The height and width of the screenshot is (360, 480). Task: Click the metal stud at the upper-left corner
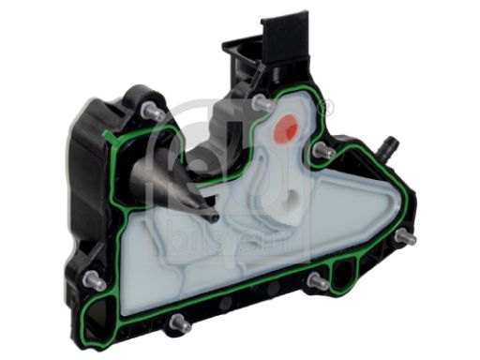coord(147,112)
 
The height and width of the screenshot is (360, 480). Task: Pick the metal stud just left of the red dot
coord(262,101)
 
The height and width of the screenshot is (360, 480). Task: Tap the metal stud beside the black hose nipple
coord(323,150)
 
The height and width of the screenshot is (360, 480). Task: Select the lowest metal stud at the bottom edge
coord(178,323)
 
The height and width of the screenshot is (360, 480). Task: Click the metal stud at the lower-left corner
coord(93,280)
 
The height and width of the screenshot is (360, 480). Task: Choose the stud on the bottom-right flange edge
coord(316,280)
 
